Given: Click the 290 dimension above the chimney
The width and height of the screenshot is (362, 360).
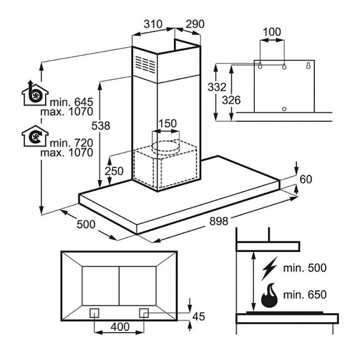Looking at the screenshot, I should pyautogui.click(x=194, y=24).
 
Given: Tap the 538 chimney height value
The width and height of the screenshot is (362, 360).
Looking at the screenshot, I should pyautogui.click(x=100, y=125).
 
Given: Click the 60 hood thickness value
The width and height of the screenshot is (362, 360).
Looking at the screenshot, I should pyautogui.click(x=306, y=179).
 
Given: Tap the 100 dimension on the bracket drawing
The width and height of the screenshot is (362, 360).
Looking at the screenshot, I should pyautogui.click(x=272, y=32).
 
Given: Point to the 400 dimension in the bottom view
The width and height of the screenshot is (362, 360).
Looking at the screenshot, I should pyautogui.click(x=120, y=327).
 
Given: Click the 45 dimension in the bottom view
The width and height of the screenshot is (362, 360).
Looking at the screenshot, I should pyautogui.click(x=199, y=316).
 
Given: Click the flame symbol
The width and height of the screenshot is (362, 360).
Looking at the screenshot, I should pyautogui.click(x=270, y=297).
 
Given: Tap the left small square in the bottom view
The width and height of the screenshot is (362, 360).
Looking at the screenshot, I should pyautogui.click(x=95, y=312).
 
